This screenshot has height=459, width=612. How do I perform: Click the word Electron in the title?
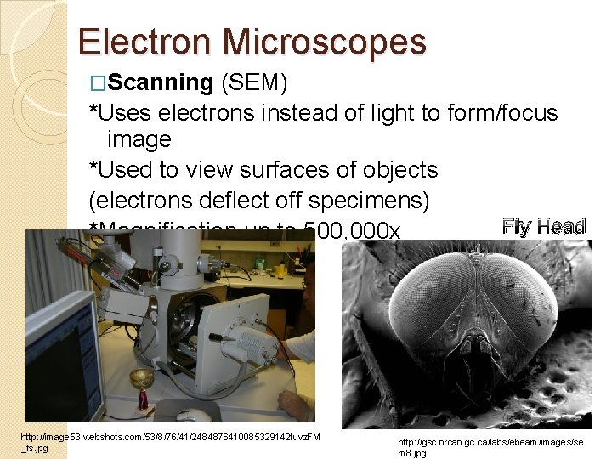tap(145, 42)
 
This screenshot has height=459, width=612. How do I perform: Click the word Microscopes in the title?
tap(325, 42)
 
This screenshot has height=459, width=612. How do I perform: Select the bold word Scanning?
tap(161, 82)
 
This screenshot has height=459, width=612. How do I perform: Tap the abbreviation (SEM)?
tap(254, 82)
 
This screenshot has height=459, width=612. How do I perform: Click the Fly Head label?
tap(544, 226)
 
